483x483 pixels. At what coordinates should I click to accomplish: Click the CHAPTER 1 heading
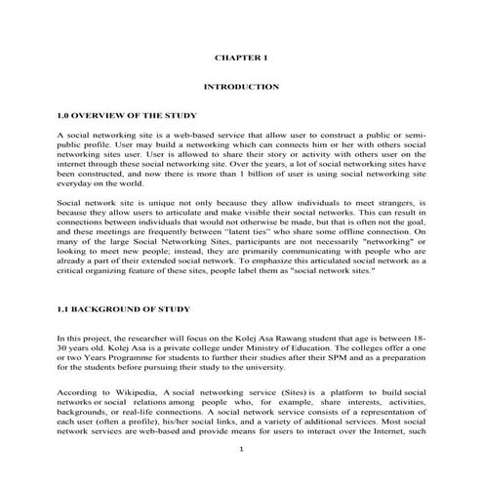tap(241, 58)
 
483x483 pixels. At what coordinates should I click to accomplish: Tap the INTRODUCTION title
tap(241, 87)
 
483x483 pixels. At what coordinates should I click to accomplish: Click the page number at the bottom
tap(241, 448)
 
